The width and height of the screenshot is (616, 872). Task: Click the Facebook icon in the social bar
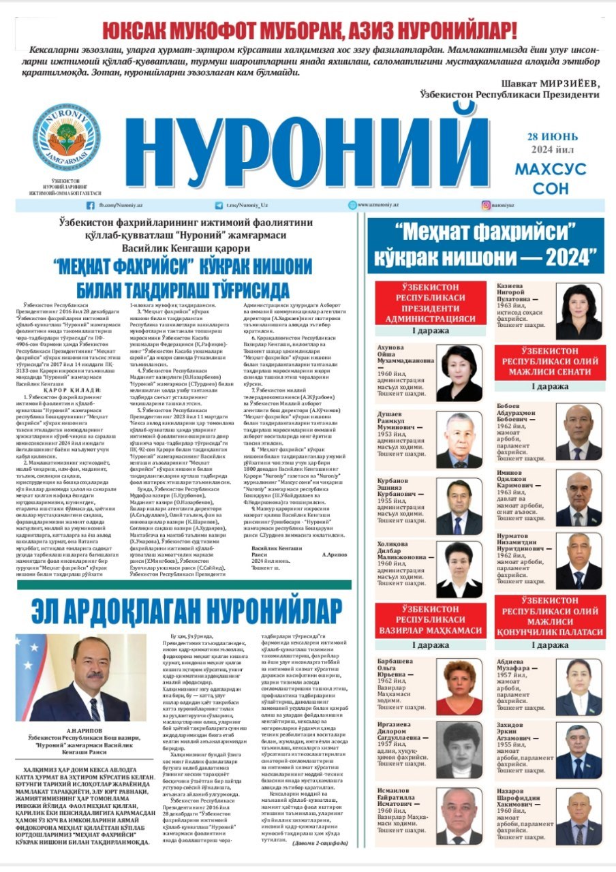(90, 205)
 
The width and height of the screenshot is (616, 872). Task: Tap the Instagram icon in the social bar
(487, 205)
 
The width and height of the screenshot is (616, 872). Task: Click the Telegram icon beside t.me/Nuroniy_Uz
(221, 205)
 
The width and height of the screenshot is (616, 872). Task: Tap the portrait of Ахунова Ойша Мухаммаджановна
(459, 373)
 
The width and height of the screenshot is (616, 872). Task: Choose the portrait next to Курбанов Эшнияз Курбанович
(459, 506)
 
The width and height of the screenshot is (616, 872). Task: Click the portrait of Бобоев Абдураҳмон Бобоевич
(579, 432)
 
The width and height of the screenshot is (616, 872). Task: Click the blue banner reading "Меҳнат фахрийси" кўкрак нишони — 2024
(485, 247)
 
